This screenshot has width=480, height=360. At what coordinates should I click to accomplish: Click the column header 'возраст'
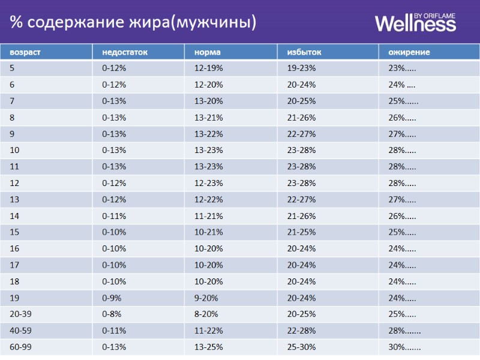[x=25, y=52]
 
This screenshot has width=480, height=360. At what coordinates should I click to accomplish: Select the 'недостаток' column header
[x=124, y=52]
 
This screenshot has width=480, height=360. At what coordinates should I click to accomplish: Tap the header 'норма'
[x=208, y=52]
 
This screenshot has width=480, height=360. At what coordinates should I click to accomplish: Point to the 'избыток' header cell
[x=304, y=52]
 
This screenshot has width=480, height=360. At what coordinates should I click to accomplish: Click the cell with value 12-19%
[x=208, y=68]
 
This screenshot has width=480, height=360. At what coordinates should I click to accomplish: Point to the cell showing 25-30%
[x=301, y=346]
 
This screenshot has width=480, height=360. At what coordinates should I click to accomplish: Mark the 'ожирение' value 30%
[x=404, y=346]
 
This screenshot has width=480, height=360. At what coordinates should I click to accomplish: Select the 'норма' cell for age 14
[x=208, y=216]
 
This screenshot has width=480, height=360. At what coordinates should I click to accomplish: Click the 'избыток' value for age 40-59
[x=301, y=330]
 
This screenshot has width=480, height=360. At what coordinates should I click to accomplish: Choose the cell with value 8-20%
[x=206, y=314]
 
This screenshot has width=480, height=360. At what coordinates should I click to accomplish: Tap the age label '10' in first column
[x=14, y=150]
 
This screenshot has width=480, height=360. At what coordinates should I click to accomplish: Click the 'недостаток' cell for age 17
[x=114, y=265]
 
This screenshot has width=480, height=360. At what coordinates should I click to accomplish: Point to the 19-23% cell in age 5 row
[x=301, y=68]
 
